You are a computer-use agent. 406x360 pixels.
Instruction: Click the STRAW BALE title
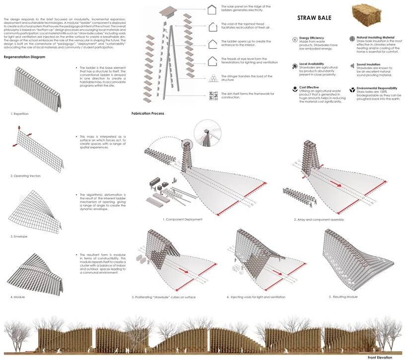tap(314, 18)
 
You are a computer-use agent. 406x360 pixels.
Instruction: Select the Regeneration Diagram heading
tap(24, 57)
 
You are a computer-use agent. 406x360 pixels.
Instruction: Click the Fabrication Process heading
tap(148, 114)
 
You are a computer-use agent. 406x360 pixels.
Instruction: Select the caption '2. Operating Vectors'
tap(26, 176)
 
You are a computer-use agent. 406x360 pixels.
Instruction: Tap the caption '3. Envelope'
tap(19, 237)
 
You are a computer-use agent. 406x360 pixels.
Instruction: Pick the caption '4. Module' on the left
tap(18, 297)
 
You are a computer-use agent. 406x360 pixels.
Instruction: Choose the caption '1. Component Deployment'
tap(182, 219)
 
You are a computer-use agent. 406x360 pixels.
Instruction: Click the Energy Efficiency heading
tap(312, 38)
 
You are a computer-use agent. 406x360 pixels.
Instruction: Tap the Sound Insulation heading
tap(368, 64)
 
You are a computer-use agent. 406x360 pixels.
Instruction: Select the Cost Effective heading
tap(309, 87)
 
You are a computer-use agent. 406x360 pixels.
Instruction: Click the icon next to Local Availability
tap(295, 64)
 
